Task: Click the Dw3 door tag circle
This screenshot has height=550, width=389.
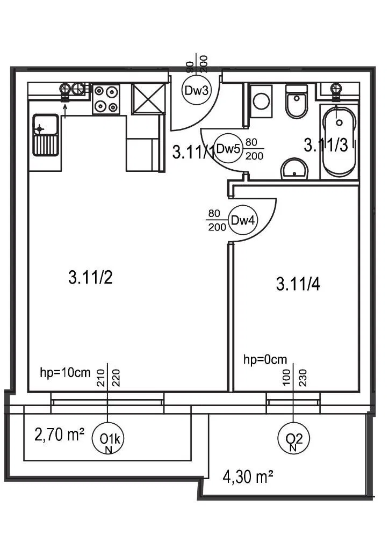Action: (x=196, y=90)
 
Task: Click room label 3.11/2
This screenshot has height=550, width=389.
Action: (x=90, y=278)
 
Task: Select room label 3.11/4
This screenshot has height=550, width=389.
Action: (x=298, y=284)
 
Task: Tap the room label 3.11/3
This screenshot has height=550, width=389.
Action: (x=326, y=145)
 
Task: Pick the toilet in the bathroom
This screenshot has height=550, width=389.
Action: (x=296, y=102)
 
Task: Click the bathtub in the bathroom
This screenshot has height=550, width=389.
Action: (x=338, y=142)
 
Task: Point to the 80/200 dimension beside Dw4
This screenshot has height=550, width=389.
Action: (x=216, y=220)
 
